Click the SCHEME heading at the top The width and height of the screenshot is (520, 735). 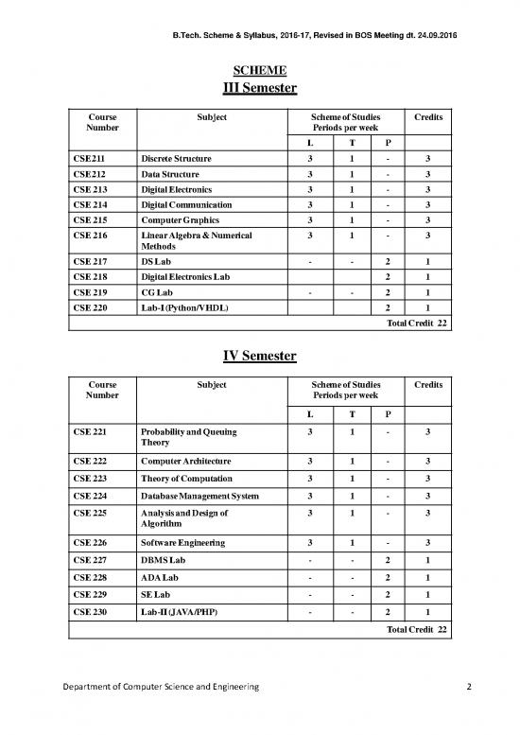click(x=260, y=70)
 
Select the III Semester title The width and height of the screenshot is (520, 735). click(x=260, y=89)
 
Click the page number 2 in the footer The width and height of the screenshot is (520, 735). click(x=470, y=712)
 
